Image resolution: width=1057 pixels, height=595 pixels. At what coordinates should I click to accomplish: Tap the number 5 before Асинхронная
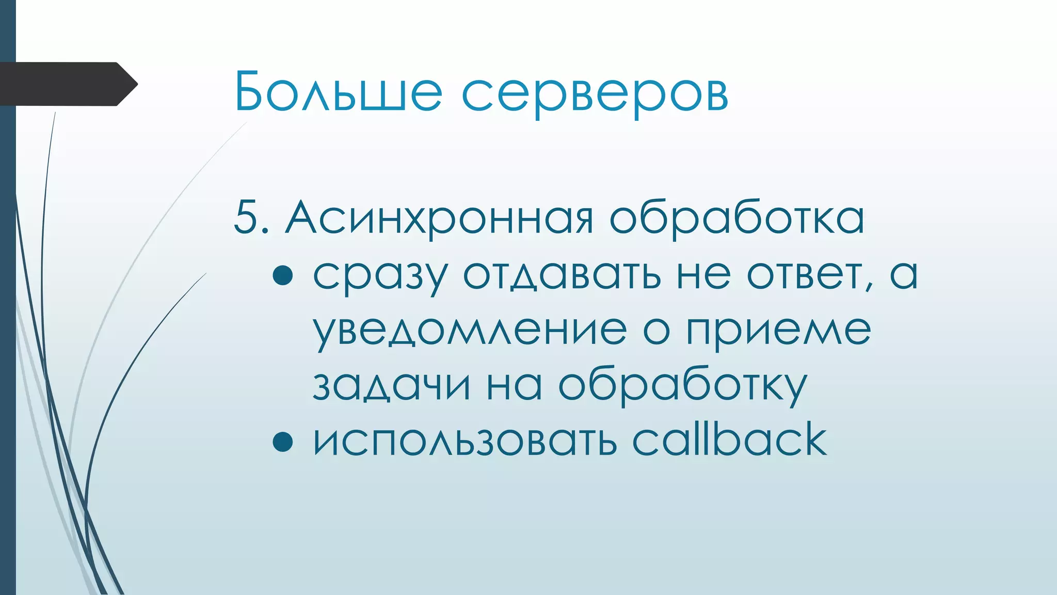pos(246,217)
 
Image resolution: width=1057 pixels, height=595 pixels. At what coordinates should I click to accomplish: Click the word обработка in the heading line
pos(736,217)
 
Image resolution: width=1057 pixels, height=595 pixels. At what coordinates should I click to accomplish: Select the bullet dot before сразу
pos(283,275)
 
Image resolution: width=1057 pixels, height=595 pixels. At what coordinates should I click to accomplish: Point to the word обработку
pos(682,386)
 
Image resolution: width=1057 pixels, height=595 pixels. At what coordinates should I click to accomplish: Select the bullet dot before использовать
pos(283,442)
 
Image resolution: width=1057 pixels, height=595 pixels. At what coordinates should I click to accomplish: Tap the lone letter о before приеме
pos(656,331)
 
